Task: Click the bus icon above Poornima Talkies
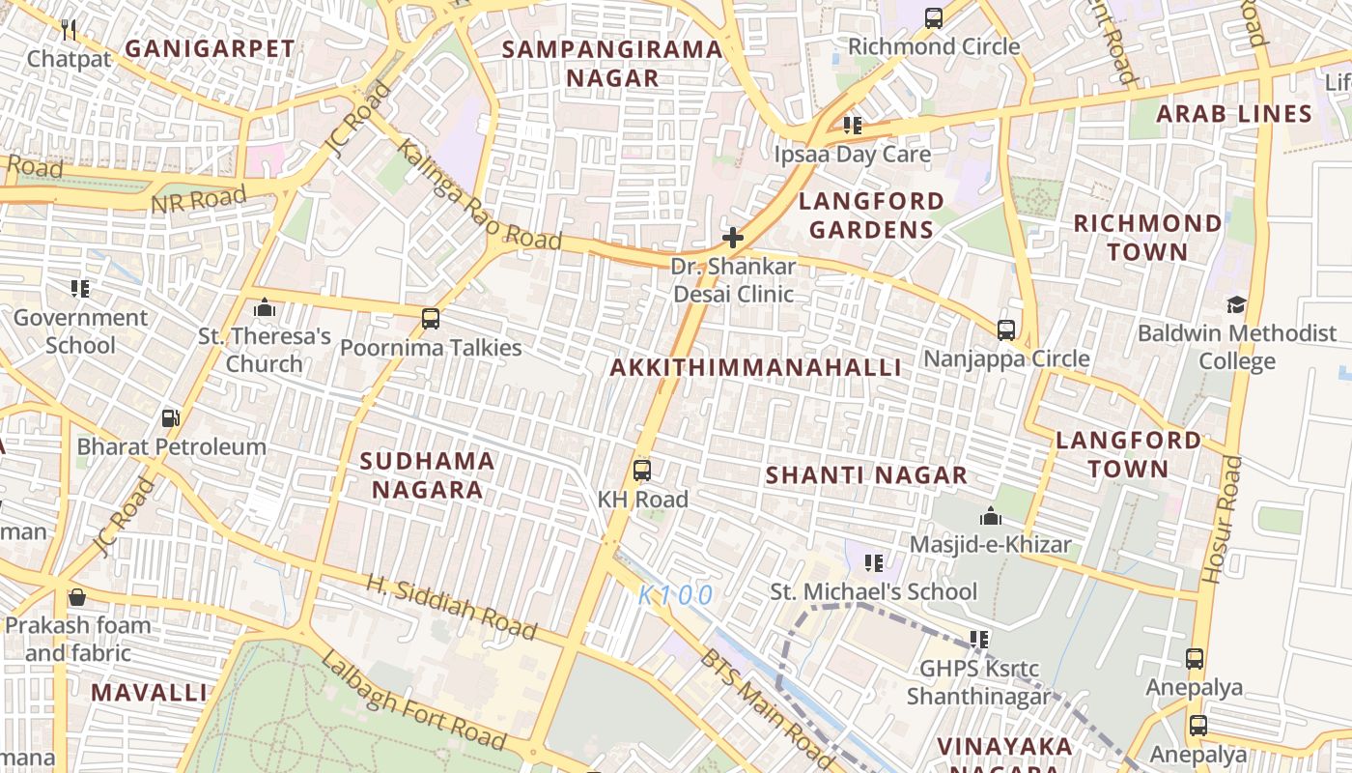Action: (431, 318)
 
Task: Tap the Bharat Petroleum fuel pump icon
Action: (171, 418)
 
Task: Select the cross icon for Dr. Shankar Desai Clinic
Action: (733, 237)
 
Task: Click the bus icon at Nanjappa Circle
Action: (1006, 329)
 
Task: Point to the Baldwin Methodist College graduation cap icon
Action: (1236, 305)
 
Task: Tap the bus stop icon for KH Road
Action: (641, 471)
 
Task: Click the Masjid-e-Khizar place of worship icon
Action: (990, 516)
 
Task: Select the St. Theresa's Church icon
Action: (264, 308)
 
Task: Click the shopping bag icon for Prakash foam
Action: (76, 596)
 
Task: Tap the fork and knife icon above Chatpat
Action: (69, 30)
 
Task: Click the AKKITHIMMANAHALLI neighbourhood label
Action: (756, 367)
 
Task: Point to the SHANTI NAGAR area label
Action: (866, 475)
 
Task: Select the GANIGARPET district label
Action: (210, 48)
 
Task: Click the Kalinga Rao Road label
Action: (479, 196)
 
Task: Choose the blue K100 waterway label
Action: (676, 595)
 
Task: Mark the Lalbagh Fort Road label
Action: (413, 701)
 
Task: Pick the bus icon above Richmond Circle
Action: (933, 17)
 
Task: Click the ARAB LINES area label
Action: (1234, 114)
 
